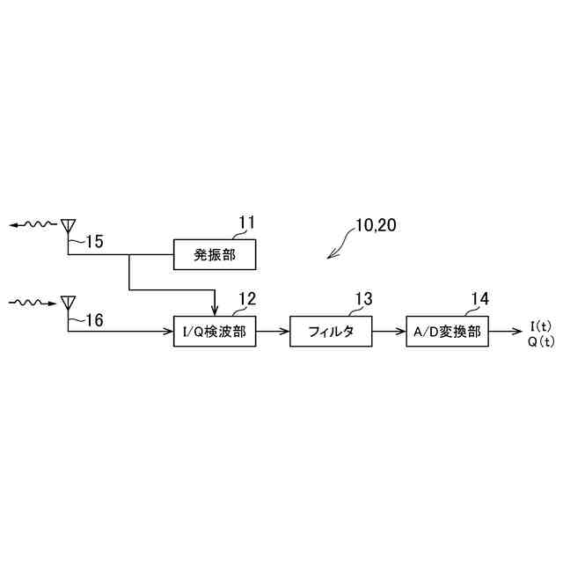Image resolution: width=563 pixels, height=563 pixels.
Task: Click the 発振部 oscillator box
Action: tap(215, 255)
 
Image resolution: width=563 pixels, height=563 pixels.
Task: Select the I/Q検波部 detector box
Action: tap(215, 332)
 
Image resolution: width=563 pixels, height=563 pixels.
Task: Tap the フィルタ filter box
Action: tap(331, 332)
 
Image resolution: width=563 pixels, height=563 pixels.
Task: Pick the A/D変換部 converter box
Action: tap(448, 332)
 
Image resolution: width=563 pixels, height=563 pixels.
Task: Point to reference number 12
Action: tap(247, 299)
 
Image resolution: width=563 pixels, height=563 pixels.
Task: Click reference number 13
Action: tap(363, 299)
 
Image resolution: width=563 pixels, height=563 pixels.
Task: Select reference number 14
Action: tap(479, 299)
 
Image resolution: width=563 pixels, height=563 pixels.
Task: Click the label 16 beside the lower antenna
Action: tap(92, 321)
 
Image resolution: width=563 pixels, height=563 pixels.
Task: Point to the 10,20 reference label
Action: tap(376, 225)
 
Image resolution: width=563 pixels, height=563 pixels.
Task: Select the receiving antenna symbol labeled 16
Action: tap(68, 303)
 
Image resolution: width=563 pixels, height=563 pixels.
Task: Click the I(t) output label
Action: tap(541, 326)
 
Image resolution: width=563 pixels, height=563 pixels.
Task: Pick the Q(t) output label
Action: tap(541, 341)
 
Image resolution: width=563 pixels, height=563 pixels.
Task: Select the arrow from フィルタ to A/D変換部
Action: tap(389, 332)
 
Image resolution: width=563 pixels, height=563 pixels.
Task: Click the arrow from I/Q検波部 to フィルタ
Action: tap(273, 332)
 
